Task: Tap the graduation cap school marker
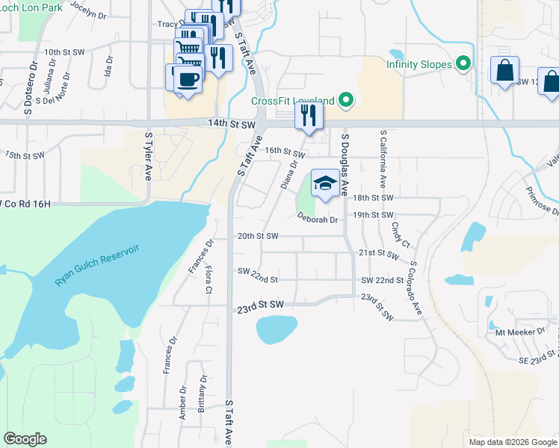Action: click(325, 184)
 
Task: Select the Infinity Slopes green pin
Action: click(464, 64)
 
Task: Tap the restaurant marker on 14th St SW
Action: click(308, 116)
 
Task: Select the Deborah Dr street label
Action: click(318, 220)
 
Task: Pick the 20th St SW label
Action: click(257, 236)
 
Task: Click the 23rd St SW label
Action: click(261, 306)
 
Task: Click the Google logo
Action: click(25, 439)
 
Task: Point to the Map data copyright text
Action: click(513, 442)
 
